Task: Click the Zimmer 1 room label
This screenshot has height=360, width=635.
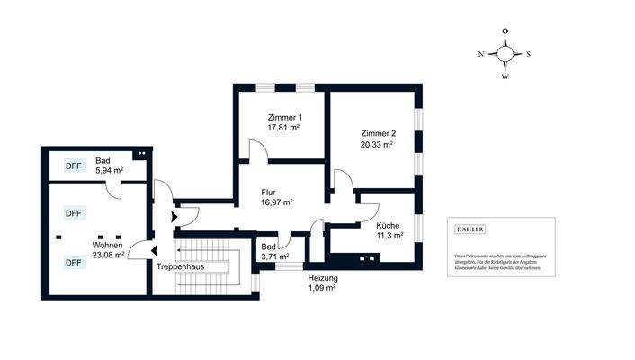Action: click(x=283, y=118)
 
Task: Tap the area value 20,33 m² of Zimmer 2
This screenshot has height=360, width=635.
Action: click(x=376, y=144)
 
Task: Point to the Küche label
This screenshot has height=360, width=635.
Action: click(x=389, y=225)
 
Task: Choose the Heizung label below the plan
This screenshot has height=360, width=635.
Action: click(x=322, y=278)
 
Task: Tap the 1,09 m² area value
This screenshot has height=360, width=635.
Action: click(x=322, y=289)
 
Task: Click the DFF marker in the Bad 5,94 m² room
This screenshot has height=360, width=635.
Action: click(x=73, y=166)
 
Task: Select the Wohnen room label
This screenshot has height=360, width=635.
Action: click(x=107, y=244)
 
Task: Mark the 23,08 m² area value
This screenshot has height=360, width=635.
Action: click(x=109, y=255)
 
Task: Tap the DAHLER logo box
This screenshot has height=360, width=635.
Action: click(x=470, y=229)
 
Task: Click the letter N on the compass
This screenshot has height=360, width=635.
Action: click(x=481, y=54)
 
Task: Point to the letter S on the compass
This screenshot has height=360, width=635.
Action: click(x=528, y=54)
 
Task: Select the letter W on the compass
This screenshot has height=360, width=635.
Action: click(x=505, y=76)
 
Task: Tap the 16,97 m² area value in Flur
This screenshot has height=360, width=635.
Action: click(x=276, y=203)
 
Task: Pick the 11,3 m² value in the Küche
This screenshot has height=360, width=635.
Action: click(x=389, y=236)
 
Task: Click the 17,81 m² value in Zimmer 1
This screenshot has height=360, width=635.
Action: click(x=283, y=129)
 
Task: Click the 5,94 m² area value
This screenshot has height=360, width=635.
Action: click(x=108, y=170)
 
